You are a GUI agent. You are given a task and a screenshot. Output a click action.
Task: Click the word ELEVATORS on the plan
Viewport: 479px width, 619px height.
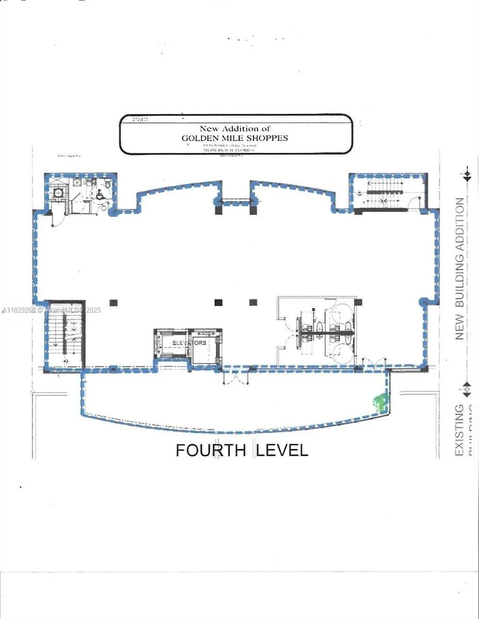click(189, 343)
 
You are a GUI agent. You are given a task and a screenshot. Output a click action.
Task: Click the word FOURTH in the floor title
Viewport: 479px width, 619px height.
click(210, 450)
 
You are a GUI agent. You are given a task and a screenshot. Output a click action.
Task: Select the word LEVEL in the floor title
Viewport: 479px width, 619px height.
click(282, 450)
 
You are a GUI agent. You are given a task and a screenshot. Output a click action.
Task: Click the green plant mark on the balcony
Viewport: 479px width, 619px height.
click(380, 402)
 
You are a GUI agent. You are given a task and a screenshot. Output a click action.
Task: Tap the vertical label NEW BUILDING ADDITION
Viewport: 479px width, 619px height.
click(459, 269)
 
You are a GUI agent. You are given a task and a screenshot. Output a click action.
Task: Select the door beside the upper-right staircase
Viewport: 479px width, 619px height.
click(415, 204)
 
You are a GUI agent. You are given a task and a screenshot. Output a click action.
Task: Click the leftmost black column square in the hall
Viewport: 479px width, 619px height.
click(113, 302)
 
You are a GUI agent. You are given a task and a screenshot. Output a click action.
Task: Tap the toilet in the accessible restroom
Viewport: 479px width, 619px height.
click(107, 184)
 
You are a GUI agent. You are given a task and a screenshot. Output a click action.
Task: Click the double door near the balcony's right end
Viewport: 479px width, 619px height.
click(374, 363)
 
